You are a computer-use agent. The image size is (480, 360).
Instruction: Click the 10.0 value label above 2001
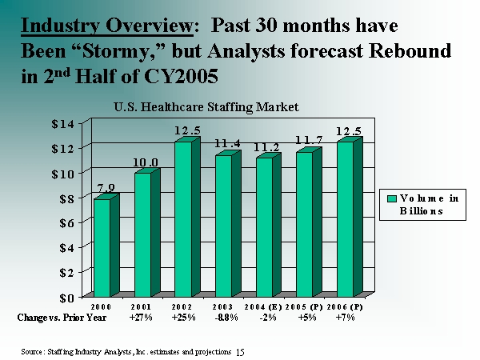coord(146,162)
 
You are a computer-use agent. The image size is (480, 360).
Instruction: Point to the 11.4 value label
coord(227,144)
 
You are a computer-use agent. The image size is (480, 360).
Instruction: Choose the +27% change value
coord(141,318)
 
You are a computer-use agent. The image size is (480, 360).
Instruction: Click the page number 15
coord(241,351)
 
